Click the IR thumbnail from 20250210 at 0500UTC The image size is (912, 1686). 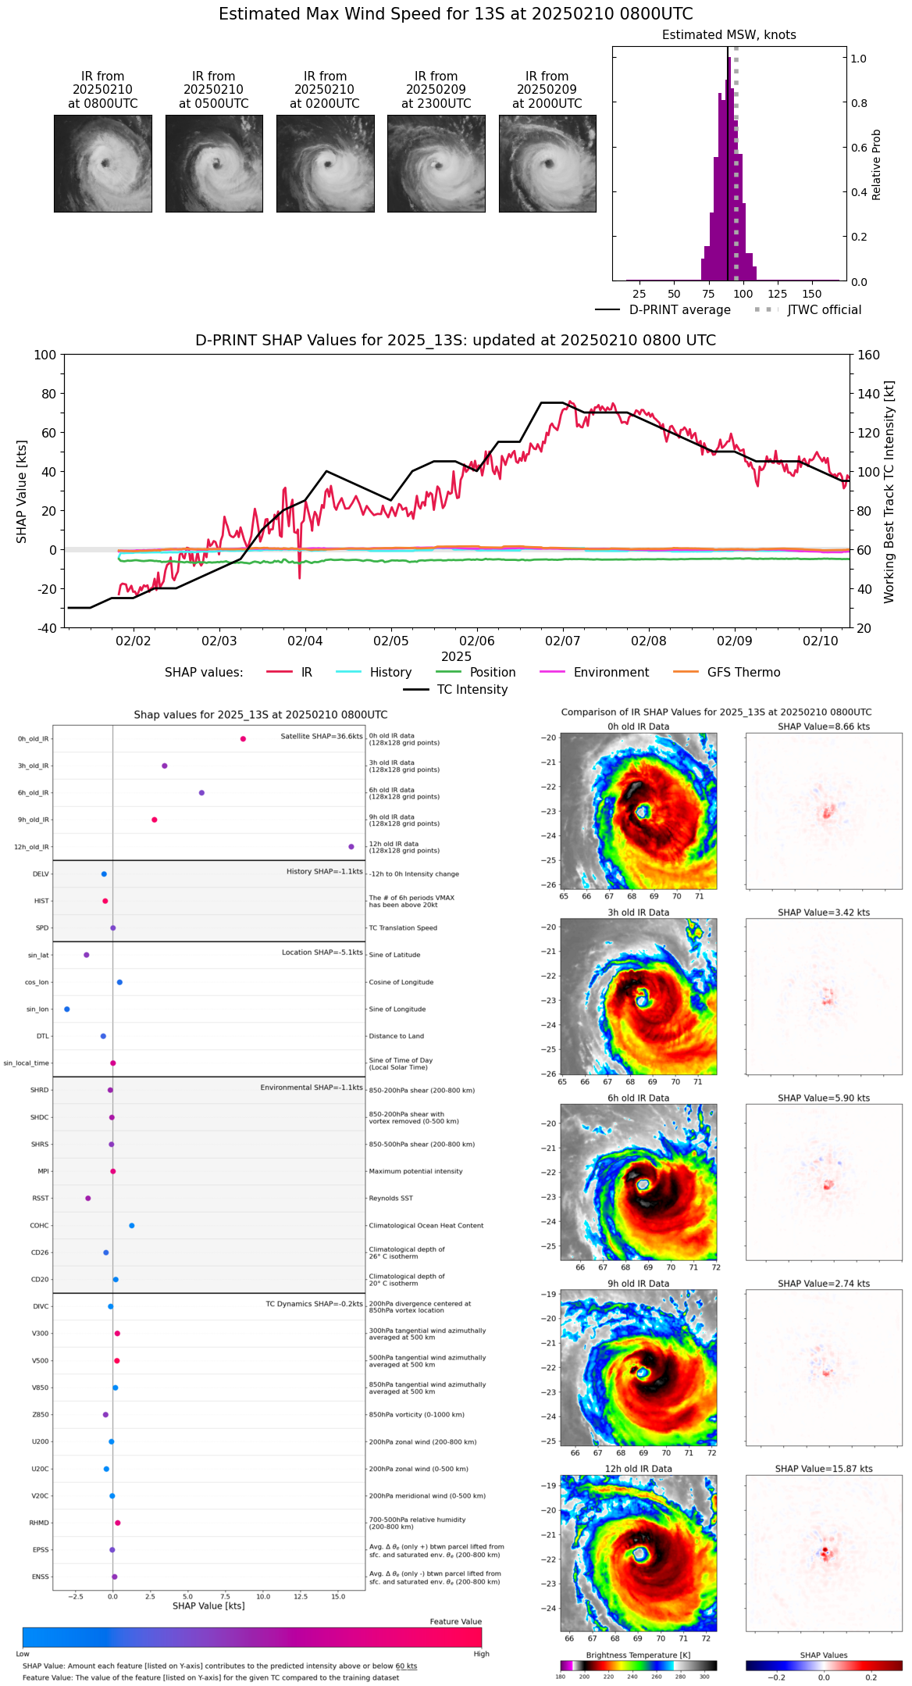pos(214,163)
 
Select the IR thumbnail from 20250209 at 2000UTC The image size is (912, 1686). pos(547,163)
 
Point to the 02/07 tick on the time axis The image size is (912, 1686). pos(562,641)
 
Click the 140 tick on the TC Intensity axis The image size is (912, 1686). pos(868,394)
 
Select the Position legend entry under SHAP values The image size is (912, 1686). pos(492,673)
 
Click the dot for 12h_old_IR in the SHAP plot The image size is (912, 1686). pos(351,847)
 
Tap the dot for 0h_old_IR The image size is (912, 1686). pos(243,739)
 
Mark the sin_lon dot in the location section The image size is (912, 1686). pos(67,1009)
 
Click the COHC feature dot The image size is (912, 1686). pos(131,1225)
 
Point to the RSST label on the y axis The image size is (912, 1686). pos(41,1198)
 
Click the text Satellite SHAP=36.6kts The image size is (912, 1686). pos(322,737)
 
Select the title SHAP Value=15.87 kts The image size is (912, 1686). pos(824,1469)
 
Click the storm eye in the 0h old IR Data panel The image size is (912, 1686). pos(642,812)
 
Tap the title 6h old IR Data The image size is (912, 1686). pos(638,1098)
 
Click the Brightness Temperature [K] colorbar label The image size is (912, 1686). pos(638,1655)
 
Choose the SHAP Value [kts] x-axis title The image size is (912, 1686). pos(208,1606)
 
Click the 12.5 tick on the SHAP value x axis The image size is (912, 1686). pos(301,1596)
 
